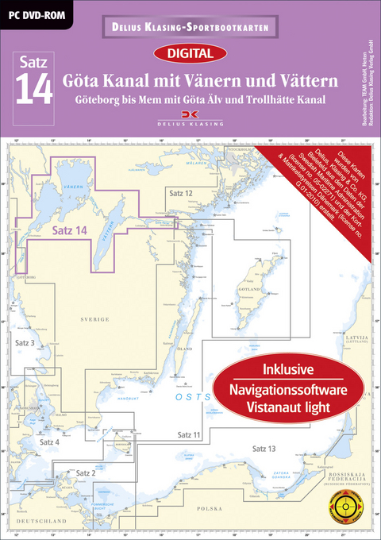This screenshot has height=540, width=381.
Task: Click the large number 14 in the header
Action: click(x=34, y=90)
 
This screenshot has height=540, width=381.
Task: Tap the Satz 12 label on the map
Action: click(x=180, y=193)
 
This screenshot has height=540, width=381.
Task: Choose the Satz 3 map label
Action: click(x=25, y=341)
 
